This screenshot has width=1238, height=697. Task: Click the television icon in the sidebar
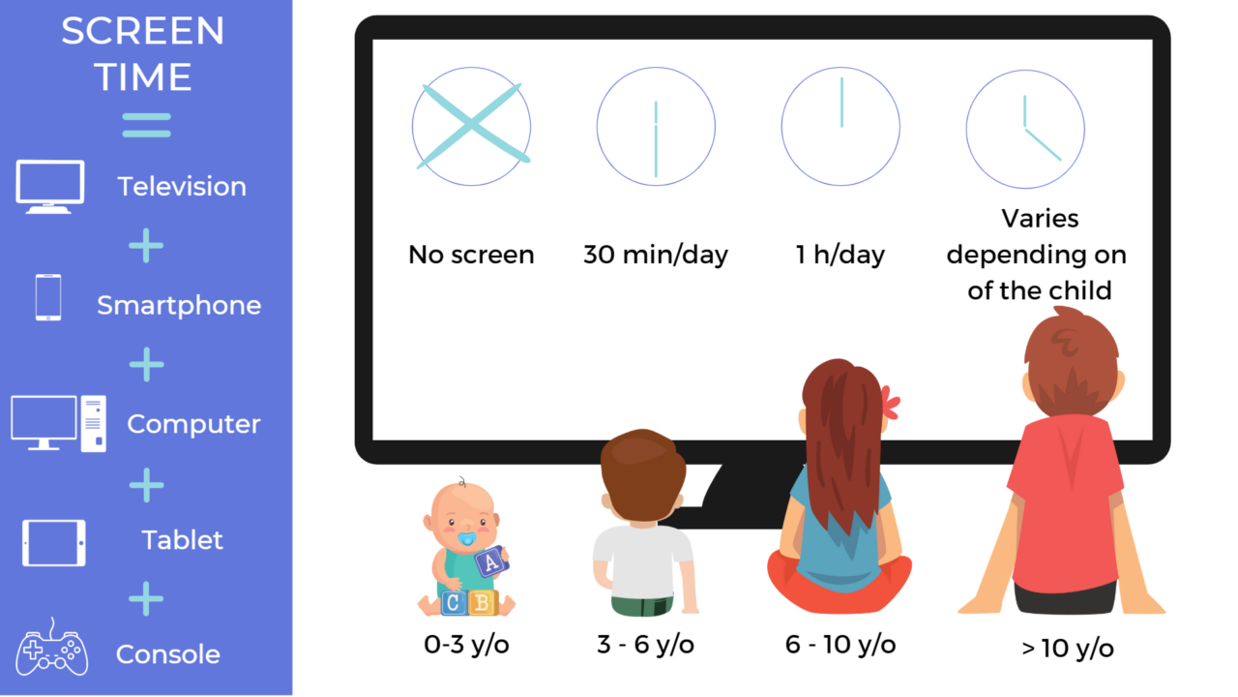pyautogui.click(x=50, y=185)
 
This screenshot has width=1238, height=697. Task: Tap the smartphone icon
pyautogui.click(x=48, y=298)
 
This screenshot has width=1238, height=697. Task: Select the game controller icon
pyautogui.click(x=52, y=652)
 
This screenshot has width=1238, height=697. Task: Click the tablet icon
pyautogui.click(x=54, y=542)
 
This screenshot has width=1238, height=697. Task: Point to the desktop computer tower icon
pyautogui.click(x=94, y=423)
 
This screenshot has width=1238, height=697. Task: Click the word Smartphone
pyautogui.click(x=179, y=306)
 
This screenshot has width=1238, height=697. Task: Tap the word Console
pyautogui.click(x=168, y=654)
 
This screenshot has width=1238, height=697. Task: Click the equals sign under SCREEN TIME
pyautogui.click(x=146, y=125)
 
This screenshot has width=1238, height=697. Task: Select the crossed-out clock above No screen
pyautogui.click(x=471, y=126)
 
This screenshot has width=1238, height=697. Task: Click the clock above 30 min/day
pyautogui.click(x=656, y=126)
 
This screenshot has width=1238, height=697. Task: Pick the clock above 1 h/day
pyautogui.click(x=840, y=126)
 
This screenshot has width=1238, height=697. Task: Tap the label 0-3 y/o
pyautogui.click(x=466, y=645)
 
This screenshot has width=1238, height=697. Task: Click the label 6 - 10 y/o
pyautogui.click(x=840, y=645)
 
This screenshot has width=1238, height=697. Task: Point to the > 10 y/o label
pyautogui.click(x=1068, y=648)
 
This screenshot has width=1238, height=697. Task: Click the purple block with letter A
pyautogui.click(x=491, y=561)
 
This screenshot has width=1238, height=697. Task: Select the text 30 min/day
pyautogui.click(x=656, y=255)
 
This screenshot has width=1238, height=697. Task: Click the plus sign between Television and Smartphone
pyautogui.click(x=146, y=247)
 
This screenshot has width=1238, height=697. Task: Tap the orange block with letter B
pyautogui.click(x=481, y=602)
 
